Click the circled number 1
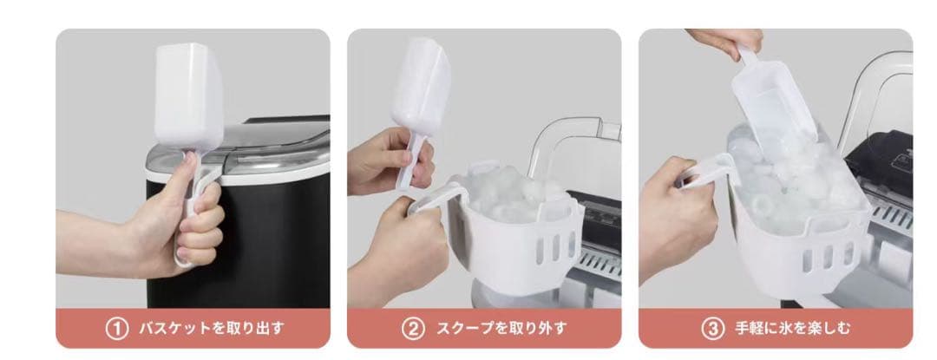coord(116,329)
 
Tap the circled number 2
coord(413,329)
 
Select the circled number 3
coord(712,329)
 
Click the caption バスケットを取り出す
coord(212,329)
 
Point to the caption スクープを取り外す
coord(501,329)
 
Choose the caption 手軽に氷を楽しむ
coord(792,329)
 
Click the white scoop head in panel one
coord(188,95)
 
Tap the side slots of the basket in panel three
coord(828,256)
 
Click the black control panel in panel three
coord(881,158)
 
